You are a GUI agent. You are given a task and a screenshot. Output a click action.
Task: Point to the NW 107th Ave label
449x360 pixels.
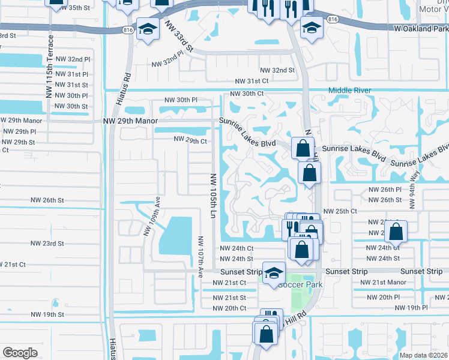point(200,256)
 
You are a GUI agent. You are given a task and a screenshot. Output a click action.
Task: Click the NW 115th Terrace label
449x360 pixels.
point(50,66)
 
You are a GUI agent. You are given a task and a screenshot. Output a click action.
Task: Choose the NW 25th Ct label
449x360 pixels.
point(340,211)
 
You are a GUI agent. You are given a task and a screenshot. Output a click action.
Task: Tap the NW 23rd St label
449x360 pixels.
point(49,244)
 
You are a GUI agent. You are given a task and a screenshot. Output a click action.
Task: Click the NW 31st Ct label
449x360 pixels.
point(251,81)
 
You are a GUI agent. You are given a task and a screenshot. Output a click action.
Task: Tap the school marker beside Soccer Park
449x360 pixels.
point(274,272)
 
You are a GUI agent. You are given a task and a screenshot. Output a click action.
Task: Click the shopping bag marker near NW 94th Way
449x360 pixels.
point(396,230)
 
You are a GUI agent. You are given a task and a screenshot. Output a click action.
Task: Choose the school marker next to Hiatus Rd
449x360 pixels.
point(147,28)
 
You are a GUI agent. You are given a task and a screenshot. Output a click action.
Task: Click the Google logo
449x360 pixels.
point(20,353)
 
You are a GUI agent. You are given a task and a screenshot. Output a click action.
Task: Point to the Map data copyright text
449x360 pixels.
point(423,355)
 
